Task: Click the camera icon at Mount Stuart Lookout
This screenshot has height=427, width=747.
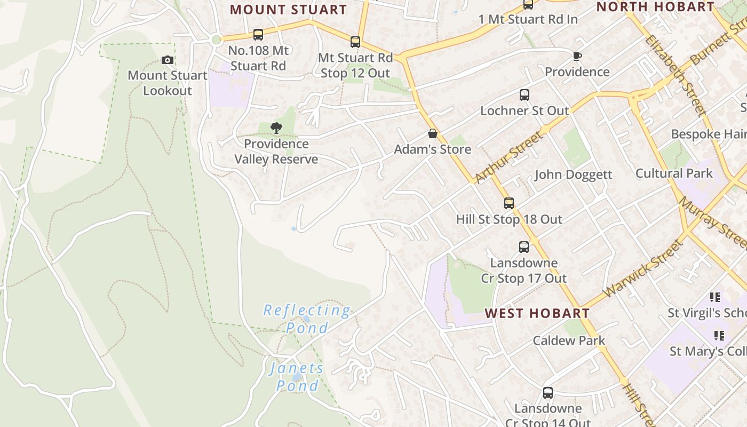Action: [168, 60]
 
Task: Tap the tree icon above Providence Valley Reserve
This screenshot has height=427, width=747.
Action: [276, 128]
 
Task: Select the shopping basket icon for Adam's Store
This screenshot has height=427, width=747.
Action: [433, 133]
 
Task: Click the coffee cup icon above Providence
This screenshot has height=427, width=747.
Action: [577, 56]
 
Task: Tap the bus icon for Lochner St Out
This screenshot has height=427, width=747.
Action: [525, 95]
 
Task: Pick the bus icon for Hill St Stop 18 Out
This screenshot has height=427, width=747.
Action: [509, 203]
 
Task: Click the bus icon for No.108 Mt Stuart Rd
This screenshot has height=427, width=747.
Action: [258, 35]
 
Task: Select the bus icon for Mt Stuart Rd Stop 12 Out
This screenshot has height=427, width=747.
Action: [355, 42]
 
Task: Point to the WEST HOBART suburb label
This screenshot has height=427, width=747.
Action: [537, 313]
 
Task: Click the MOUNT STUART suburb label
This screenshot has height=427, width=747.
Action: [288, 10]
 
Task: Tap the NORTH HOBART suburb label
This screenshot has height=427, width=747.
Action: [655, 7]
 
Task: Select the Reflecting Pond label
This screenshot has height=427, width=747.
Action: [307, 319]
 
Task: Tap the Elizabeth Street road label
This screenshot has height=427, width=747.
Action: [674, 75]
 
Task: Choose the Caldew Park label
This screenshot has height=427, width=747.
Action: [569, 341]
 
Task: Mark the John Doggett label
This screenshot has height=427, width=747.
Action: [573, 175]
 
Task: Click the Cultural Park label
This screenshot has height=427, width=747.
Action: [673, 173]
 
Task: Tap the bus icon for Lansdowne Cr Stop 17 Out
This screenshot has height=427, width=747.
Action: [524, 247]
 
